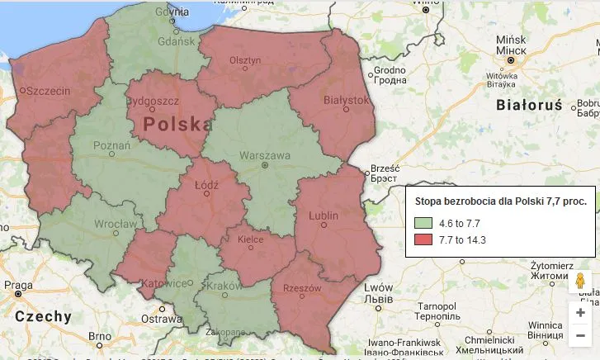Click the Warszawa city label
pos(265,154)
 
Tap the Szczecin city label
pos(48,92)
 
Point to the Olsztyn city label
pos(245,60)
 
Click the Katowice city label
pos(161,283)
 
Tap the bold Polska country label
pos(174,124)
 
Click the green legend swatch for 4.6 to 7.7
pos(424,223)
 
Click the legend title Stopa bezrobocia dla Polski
pos(500,201)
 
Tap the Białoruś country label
pos(529,105)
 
